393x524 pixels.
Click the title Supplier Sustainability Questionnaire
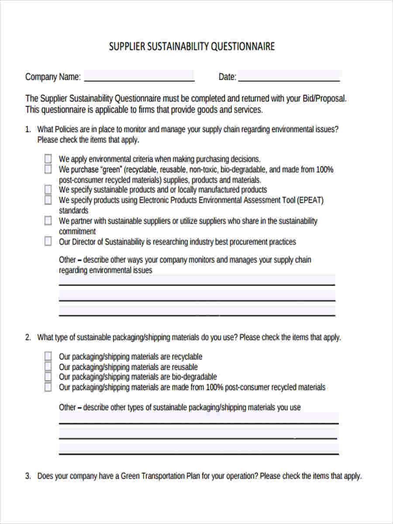tap(192, 46)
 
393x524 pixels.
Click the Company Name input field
tap(139, 76)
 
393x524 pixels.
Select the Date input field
tap(289, 76)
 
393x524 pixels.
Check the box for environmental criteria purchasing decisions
tap(48, 159)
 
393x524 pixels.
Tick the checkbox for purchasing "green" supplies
tap(48, 169)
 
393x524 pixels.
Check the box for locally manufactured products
tap(48, 190)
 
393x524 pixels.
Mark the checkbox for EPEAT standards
tap(48, 200)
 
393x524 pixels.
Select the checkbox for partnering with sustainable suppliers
tap(48, 221)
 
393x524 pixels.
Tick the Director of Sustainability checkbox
tap(48, 241)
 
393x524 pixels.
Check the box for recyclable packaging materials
tap(48, 356)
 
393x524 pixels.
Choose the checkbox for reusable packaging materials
tap(48, 367)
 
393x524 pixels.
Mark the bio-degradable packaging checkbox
tap(48, 377)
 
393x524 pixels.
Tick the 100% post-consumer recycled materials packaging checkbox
tap(48, 387)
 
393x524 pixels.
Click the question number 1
tap(28, 130)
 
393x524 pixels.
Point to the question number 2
tap(28, 338)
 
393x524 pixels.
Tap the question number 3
tap(28, 476)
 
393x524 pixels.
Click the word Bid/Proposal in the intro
tap(324, 99)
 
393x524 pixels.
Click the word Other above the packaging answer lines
tap(67, 407)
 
